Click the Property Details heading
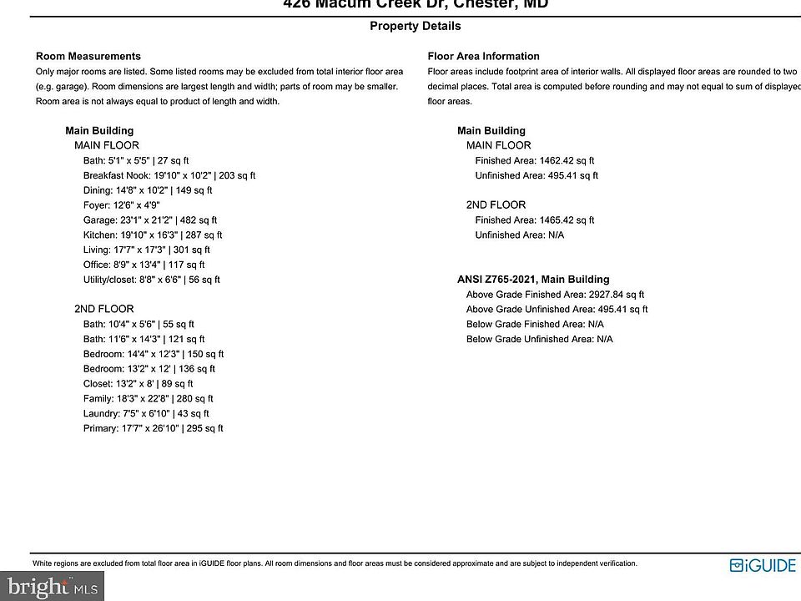tap(415, 26)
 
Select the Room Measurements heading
tap(88, 56)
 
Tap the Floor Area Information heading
tap(483, 56)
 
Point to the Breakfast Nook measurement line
tap(169, 175)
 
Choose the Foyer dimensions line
tap(121, 205)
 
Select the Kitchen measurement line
tap(153, 235)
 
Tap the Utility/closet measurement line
tap(152, 280)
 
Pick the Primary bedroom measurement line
tap(153, 428)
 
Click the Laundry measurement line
tap(146, 413)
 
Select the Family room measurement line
tap(148, 399)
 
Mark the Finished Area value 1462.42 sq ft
tap(534, 160)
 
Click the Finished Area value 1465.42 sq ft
tap(534, 220)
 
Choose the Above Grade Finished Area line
tap(555, 295)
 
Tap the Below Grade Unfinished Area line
tap(539, 339)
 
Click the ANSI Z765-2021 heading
tap(533, 280)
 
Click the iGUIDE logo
tap(763, 565)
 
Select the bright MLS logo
tap(52, 587)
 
